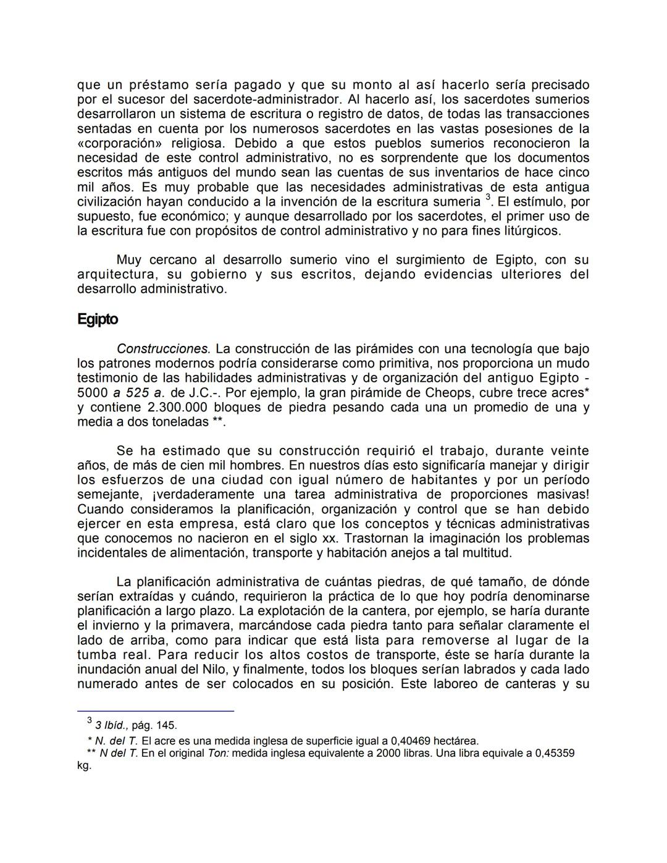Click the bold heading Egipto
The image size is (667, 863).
pyautogui.click(x=98, y=319)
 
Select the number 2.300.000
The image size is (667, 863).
pyautogui.click(x=178, y=408)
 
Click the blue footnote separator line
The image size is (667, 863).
pyautogui.click(x=156, y=711)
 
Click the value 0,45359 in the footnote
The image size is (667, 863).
pyautogui.click(x=554, y=753)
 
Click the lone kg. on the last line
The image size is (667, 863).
pyautogui.click(x=84, y=765)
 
